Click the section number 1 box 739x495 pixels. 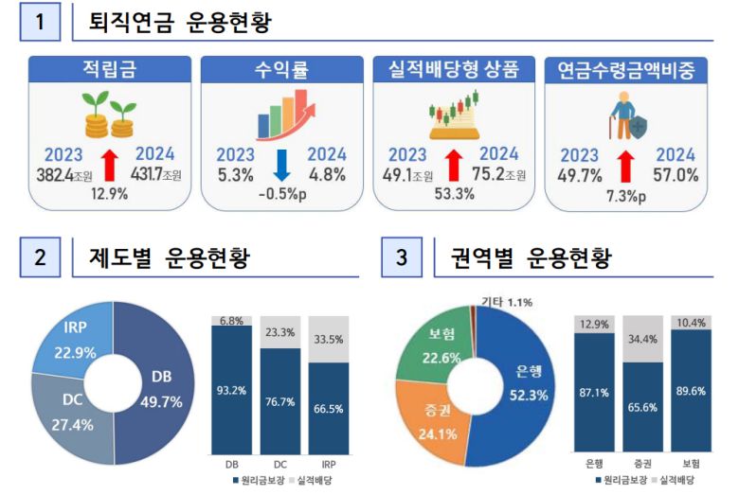click(x=41, y=22)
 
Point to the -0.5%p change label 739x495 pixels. click(x=282, y=195)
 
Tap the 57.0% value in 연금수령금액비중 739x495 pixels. click(x=675, y=174)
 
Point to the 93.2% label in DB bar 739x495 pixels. click(x=231, y=391)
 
